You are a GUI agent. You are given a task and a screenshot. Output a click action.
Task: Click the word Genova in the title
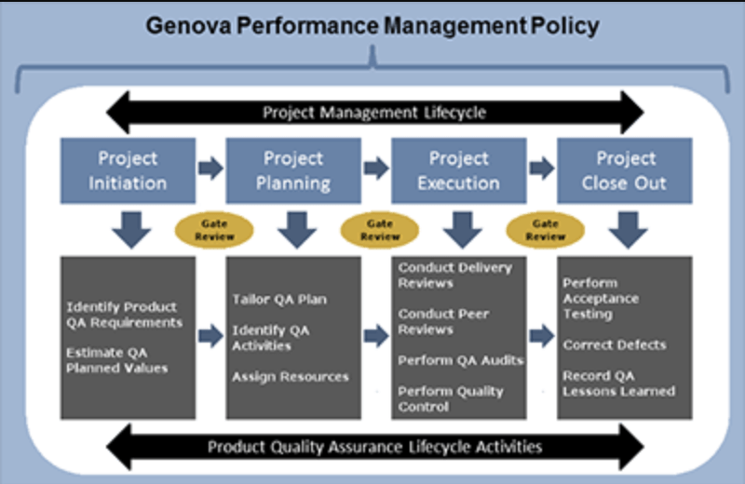pos(189,26)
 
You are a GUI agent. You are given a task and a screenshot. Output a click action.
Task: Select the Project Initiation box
pos(128,170)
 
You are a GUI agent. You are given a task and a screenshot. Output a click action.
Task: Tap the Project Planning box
pos(293,170)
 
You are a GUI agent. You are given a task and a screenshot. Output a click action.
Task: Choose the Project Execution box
pos(458,170)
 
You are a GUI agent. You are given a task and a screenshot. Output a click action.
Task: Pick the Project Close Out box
pos(624,170)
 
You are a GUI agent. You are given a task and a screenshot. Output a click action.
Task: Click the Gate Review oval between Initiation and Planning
pos(214,230)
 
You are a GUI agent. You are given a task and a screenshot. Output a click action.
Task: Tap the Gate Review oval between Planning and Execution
pos(380,230)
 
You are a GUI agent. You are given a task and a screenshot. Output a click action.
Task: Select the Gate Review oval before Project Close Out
pos(546,230)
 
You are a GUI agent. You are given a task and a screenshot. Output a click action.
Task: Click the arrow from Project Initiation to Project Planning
pos(210,168)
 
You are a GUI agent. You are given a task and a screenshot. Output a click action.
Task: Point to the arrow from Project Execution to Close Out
pos(542,168)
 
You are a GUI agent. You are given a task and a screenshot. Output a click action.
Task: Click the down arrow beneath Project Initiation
pos(131,230)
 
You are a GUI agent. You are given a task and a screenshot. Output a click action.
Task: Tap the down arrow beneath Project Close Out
pos(628,230)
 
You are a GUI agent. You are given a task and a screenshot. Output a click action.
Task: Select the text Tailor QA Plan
pos(279,300)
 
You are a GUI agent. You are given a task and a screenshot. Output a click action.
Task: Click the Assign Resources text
pos(291,377)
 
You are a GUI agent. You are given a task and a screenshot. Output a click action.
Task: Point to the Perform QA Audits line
pos(461,360)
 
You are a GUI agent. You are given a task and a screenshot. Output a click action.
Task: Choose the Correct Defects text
pos(615,344)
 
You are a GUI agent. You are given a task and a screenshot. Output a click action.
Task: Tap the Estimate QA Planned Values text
pos(117,360)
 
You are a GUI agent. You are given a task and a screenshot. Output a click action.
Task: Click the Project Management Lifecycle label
pos(374,113)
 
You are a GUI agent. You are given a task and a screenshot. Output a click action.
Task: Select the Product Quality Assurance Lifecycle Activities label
pos(375,447)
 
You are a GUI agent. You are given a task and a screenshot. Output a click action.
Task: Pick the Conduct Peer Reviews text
pos(443,321)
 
